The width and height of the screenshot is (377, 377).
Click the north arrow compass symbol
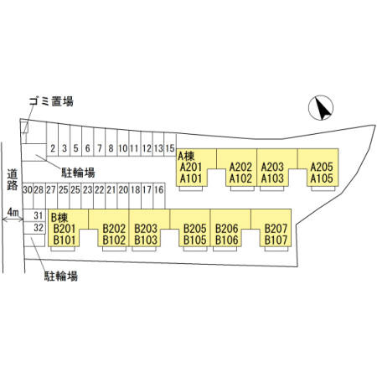(321, 108)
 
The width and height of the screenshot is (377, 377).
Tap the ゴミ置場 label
(51, 101)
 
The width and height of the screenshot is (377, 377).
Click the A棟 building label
(186, 156)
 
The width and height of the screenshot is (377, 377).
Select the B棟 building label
(59, 218)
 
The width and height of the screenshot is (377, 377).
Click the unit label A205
(322, 168)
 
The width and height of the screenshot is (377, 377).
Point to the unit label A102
(240, 178)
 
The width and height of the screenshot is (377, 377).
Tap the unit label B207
(276, 229)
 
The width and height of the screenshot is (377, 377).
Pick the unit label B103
(146, 240)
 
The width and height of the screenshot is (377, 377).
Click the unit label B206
(227, 229)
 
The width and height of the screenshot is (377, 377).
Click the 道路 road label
(13, 179)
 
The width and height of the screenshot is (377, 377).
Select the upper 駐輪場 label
(78, 173)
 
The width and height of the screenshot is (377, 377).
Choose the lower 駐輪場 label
(61, 276)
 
